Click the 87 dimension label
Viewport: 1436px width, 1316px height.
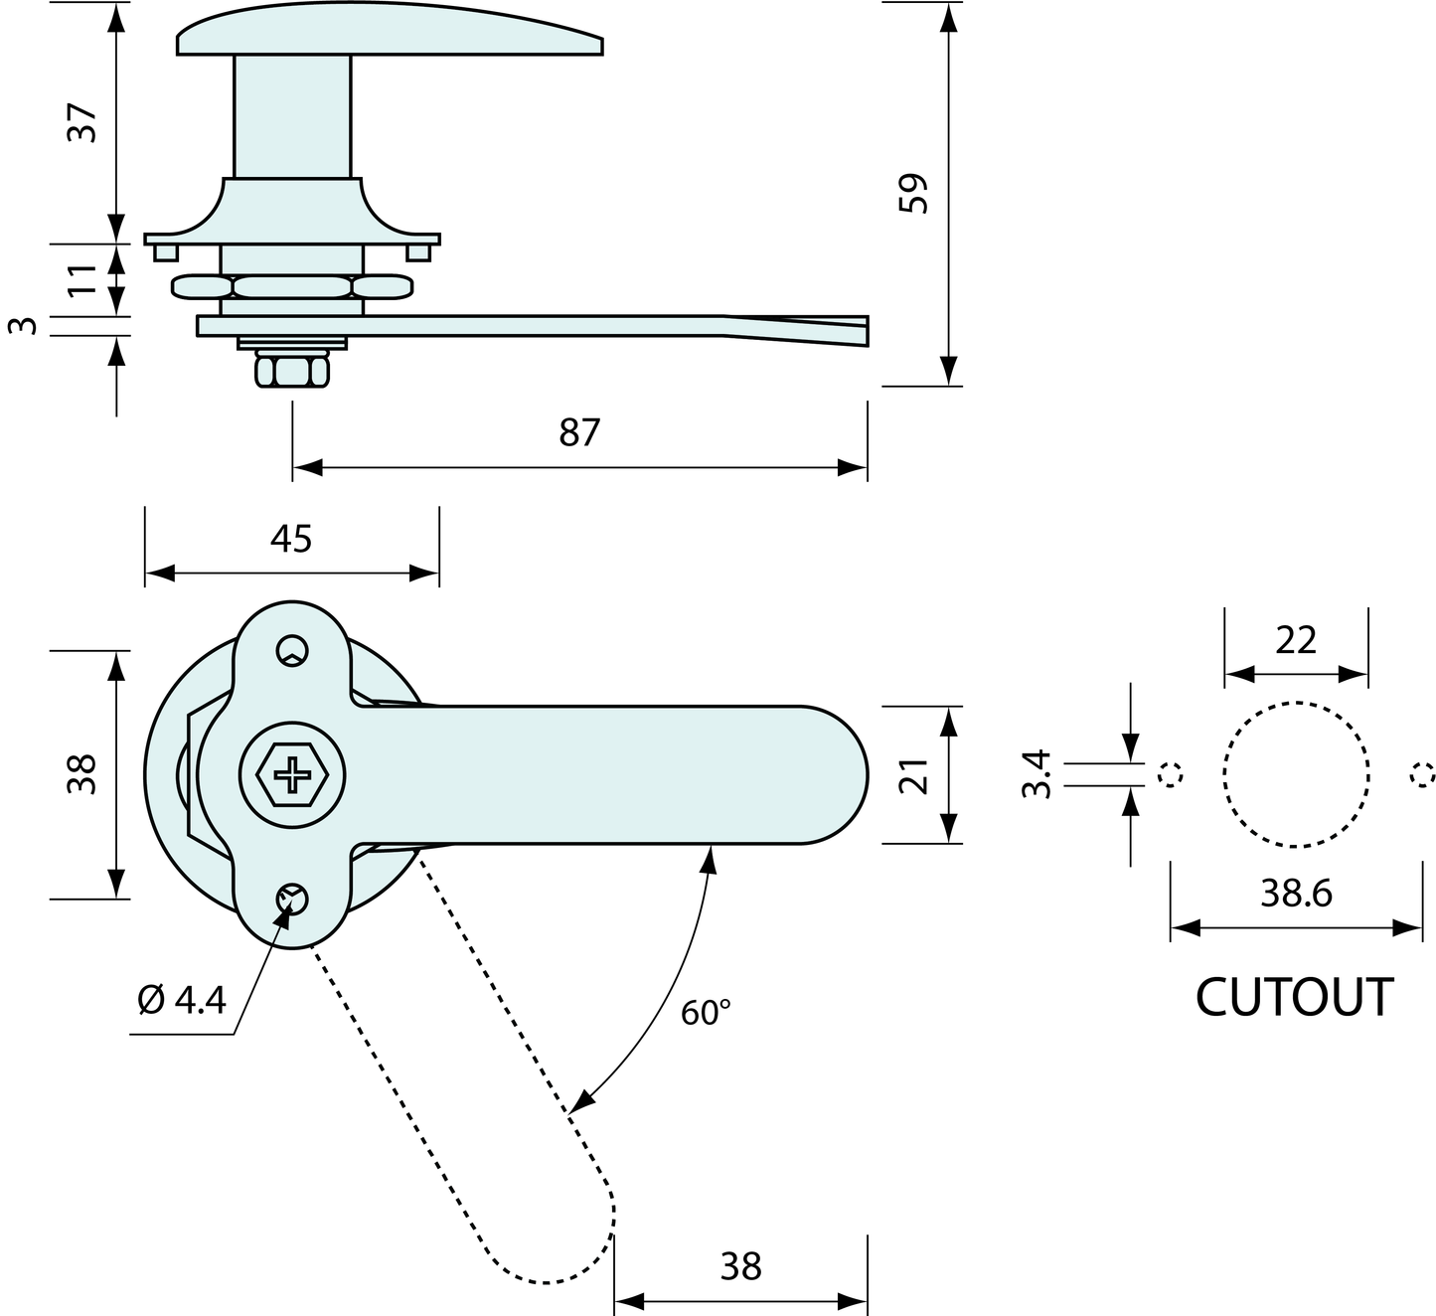579,433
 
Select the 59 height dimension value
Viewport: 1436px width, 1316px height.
912,193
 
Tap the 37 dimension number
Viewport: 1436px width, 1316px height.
83,122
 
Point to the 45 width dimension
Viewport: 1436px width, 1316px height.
291,539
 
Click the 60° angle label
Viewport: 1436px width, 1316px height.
706,1013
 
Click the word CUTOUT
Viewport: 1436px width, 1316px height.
1294,997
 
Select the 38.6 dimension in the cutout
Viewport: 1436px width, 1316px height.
1296,894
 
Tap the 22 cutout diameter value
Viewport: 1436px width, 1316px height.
1296,640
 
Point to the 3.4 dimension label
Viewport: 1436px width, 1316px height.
1036,773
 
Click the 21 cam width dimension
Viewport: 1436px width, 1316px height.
913,774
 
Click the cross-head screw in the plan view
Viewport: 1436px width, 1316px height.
292,774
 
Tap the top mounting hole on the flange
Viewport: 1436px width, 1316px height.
292,650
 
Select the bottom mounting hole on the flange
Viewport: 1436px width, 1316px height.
292,900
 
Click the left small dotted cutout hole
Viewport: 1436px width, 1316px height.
1172,774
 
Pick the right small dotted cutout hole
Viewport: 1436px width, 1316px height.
1422,774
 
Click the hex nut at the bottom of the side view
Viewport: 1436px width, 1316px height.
292,371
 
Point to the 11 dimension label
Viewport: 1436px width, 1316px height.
83,278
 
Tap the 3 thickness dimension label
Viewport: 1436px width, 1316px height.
28,326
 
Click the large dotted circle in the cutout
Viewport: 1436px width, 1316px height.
1296,774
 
